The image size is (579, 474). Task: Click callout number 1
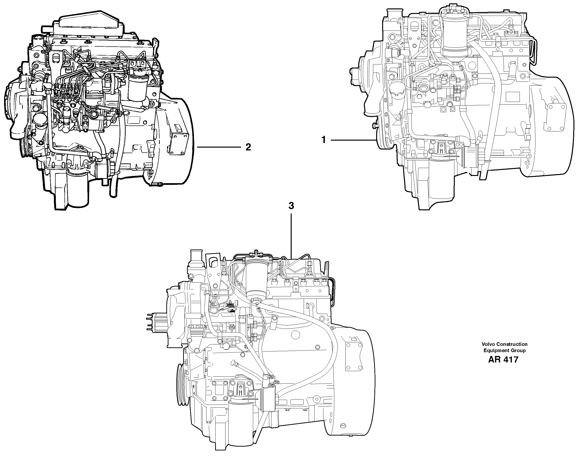coord(324,140)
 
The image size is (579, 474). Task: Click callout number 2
coord(248,147)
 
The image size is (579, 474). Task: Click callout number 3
coord(291,206)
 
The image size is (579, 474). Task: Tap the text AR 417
coord(503,360)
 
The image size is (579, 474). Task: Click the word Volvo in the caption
coord(488,344)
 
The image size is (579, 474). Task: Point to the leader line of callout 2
coord(219,147)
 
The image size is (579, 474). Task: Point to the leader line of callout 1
coord(353,140)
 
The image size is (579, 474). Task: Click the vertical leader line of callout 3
coord(291,235)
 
